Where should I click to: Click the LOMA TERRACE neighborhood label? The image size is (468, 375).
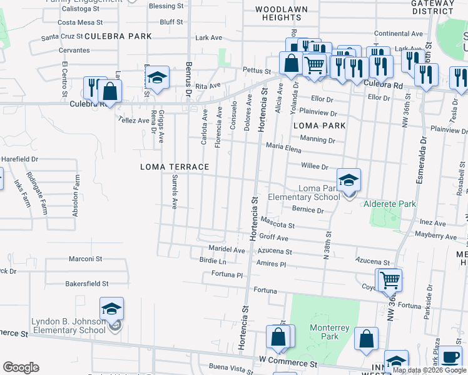click(174, 167)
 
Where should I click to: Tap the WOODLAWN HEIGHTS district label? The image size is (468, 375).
click(282, 14)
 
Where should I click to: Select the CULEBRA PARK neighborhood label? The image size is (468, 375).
click(118, 36)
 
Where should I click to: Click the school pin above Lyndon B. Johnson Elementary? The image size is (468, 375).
click(111, 309)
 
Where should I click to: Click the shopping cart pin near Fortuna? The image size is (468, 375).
click(389, 280)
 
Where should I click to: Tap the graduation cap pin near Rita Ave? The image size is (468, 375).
click(158, 78)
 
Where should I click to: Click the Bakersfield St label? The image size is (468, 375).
click(87, 284)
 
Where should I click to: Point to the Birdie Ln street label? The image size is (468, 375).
click(213, 261)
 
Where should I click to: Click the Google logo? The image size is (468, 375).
click(21, 367)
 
